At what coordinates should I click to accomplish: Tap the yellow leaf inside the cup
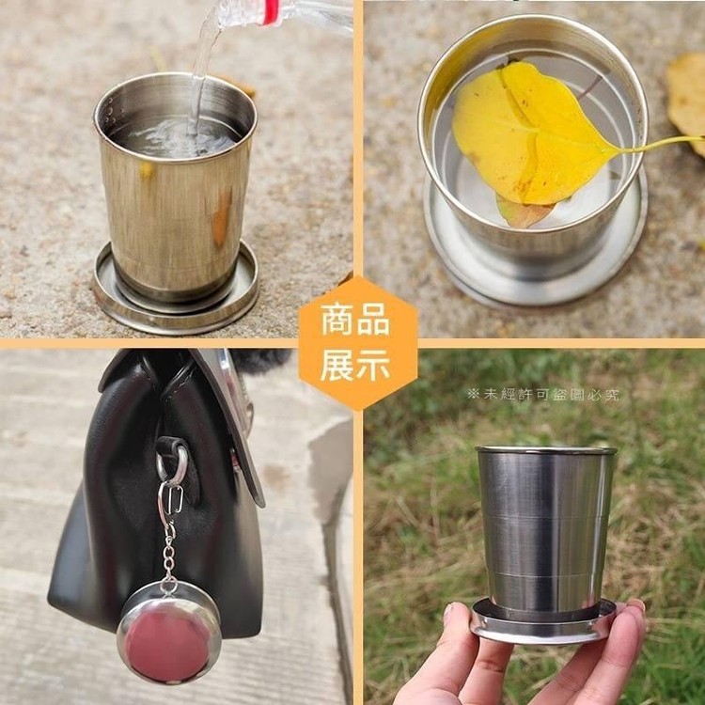(x=530, y=134)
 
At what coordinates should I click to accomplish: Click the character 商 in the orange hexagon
(x=337, y=320)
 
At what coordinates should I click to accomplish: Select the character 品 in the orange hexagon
(x=374, y=320)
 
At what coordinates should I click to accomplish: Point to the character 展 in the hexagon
(x=337, y=365)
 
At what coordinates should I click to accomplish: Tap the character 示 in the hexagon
(x=374, y=365)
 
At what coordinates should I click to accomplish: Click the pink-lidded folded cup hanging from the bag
(x=168, y=633)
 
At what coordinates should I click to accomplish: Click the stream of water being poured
(x=203, y=68)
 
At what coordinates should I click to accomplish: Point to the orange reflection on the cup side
(x=222, y=219)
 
